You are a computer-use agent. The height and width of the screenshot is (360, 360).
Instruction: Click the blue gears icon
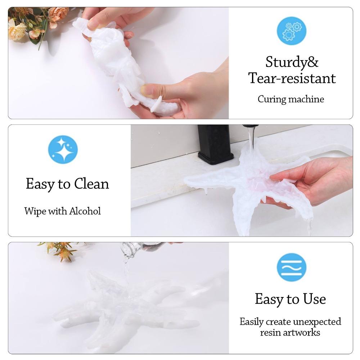(291, 31)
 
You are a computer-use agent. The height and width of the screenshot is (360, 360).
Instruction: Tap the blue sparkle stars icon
(63, 149)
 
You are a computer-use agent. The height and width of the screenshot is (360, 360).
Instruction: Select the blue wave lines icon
(291, 267)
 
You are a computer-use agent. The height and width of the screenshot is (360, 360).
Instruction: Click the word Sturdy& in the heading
(292, 62)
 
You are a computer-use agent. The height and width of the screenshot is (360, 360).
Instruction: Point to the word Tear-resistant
(292, 78)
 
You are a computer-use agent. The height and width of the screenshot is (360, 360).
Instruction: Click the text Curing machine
(291, 99)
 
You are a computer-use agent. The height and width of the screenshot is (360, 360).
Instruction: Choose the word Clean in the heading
(91, 184)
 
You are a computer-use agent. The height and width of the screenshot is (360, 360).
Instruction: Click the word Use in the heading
(314, 299)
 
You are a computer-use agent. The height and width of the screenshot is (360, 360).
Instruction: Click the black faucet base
(215, 144)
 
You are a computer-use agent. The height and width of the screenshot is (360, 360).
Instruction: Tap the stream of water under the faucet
(251, 139)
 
